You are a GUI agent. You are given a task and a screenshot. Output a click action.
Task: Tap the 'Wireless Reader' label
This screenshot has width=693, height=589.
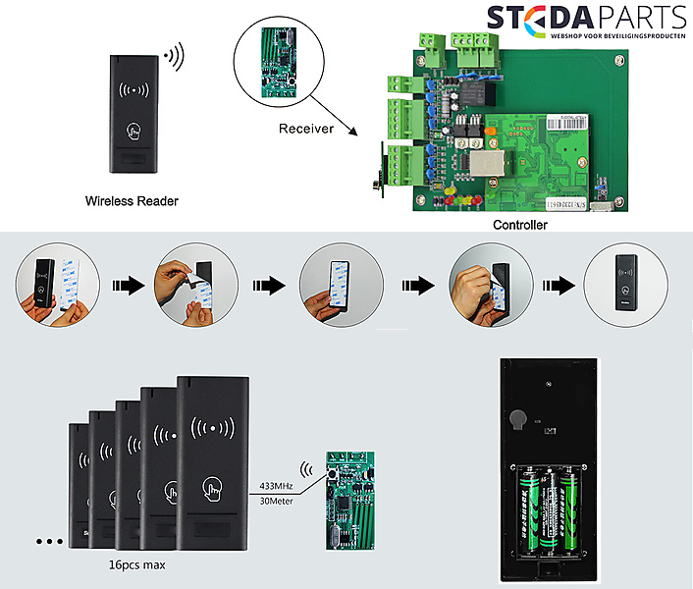[x=132, y=201]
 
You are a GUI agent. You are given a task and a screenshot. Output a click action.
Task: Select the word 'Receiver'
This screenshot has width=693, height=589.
[x=305, y=129]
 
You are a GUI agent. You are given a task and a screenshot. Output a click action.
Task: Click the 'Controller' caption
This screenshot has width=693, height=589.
[x=520, y=225]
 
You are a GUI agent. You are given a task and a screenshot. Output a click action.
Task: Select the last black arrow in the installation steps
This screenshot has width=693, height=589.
[x=557, y=286]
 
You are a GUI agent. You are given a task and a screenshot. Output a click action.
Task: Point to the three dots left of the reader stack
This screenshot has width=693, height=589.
[x=48, y=541]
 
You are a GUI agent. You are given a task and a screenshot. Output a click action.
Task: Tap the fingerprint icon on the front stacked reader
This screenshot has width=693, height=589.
[x=211, y=489]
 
